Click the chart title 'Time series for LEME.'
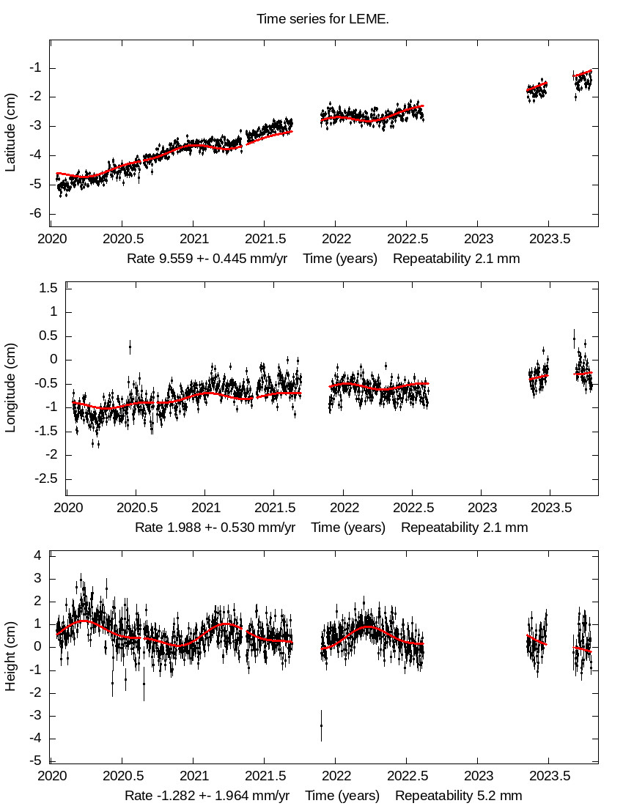(x=322, y=19)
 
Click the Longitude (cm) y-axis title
(x=10, y=392)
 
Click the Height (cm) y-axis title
(x=10, y=657)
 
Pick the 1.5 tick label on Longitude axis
(x=48, y=288)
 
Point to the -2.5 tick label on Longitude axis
(x=45, y=478)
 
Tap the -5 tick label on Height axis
(x=35, y=761)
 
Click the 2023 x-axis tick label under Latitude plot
(x=478, y=239)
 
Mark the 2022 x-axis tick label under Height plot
(x=336, y=775)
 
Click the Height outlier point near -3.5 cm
(x=321, y=725)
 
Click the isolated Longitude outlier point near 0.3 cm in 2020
(x=130, y=346)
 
